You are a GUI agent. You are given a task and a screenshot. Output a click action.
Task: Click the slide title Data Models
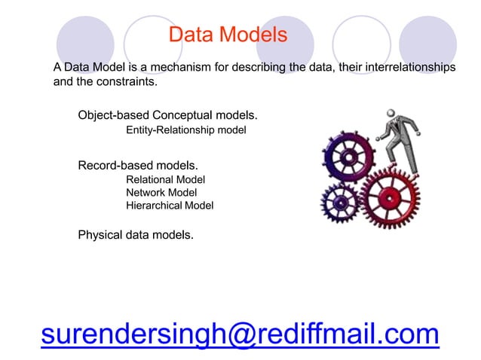[x=228, y=35]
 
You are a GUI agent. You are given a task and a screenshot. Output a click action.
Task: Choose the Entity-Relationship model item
[x=185, y=131]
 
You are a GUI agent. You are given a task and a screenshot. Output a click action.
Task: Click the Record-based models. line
[x=138, y=164]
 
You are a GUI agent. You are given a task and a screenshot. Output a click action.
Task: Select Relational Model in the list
[x=165, y=179]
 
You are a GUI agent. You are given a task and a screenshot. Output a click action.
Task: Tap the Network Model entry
[x=161, y=192]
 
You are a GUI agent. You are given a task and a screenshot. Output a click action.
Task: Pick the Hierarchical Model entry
[x=170, y=205]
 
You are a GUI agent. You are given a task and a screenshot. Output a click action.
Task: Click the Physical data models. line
[x=136, y=235]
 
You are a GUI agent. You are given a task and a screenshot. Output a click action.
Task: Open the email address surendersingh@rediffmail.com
[x=240, y=332]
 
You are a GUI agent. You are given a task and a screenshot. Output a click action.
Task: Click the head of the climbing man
[x=391, y=115]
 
